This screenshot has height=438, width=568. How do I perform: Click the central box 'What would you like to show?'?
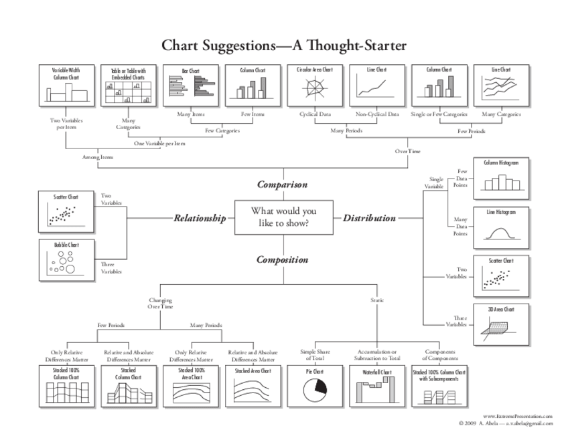(x=283, y=217)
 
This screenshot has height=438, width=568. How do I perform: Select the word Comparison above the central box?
(x=283, y=185)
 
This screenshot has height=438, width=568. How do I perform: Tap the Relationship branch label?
(x=200, y=218)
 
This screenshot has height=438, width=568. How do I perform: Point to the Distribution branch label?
(x=369, y=218)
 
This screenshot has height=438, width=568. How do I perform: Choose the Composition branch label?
(x=283, y=259)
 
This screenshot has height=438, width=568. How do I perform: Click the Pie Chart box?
(x=315, y=386)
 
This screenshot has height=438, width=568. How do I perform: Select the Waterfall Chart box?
(x=376, y=386)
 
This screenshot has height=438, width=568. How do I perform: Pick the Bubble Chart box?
(x=66, y=259)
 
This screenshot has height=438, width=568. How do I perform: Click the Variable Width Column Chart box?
(x=66, y=85)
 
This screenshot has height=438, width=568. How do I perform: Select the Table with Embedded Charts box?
(x=128, y=85)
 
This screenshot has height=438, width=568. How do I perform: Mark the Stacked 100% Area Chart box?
(x=190, y=386)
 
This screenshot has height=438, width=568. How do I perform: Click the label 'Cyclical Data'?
(x=315, y=114)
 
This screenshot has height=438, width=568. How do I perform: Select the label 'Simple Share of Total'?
(x=315, y=354)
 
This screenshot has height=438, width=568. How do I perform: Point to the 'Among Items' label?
(x=98, y=157)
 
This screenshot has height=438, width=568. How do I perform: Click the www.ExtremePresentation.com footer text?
(x=518, y=416)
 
